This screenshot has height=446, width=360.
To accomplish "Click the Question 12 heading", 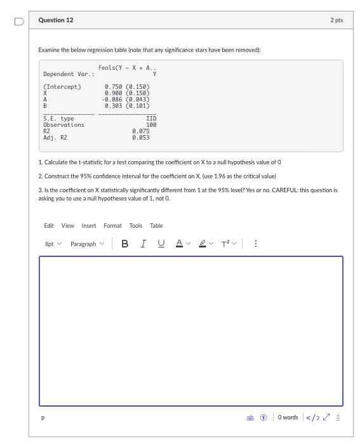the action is [x=56, y=20].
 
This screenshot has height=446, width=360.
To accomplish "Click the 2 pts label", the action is [x=337, y=20].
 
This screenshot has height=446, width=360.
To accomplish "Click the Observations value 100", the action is [x=151, y=125].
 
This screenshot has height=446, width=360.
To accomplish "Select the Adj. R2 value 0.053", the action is [x=140, y=137].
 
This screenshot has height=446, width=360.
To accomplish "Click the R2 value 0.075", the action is [x=140, y=131].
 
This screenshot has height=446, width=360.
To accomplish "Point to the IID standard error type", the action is [x=151, y=119].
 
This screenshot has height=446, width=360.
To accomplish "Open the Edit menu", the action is [x=49, y=226].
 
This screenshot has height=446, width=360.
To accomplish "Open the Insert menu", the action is [x=89, y=226].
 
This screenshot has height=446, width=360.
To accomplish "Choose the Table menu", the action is [x=156, y=226].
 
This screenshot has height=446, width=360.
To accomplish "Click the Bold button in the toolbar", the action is [x=124, y=244].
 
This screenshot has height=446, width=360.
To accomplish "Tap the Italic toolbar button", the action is [x=143, y=244].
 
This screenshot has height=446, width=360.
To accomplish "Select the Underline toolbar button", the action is [x=161, y=244].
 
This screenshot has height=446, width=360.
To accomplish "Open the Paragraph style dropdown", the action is [x=87, y=244].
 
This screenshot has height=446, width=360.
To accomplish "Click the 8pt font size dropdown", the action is [x=53, y=244].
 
